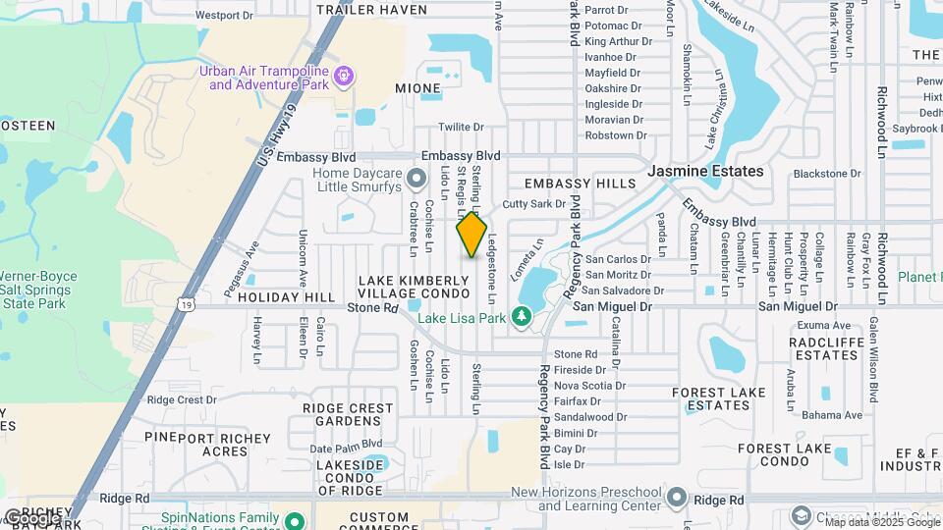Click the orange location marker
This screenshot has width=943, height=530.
(x=471, y=234)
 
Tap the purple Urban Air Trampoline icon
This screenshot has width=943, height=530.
(x=343, y=76)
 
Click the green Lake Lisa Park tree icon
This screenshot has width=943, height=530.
(x=521, y=317)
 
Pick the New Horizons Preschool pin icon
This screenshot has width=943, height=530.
(x=675, y=498)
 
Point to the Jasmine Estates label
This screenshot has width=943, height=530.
(x=705, y=171)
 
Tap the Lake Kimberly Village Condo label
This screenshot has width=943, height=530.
(x=414, y=287)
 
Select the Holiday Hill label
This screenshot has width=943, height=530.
(x=287, y=296)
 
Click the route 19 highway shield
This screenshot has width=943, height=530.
(x=186, y=306)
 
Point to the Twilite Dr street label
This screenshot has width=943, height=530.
(x=461, y=127)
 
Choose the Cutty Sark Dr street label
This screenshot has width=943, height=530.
(x=534, y=204)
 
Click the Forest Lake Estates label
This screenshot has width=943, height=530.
(x=718, y=398)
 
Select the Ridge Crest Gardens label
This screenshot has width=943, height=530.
(x=348, y=414)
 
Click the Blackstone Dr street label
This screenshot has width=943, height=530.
(x=826, y=174)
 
